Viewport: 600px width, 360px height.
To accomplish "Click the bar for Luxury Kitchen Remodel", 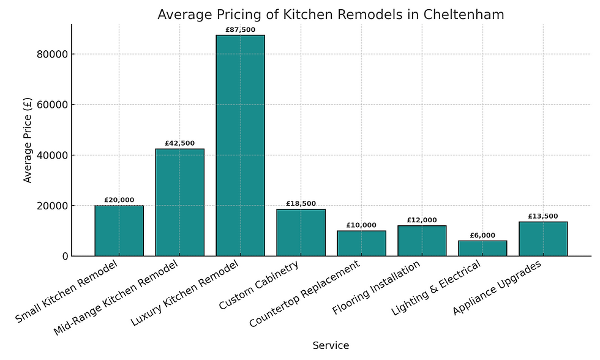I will (x=240, y=146).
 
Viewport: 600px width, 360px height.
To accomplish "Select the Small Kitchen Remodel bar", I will (x=119, y=231).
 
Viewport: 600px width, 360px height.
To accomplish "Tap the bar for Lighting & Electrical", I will (x=482, y=248).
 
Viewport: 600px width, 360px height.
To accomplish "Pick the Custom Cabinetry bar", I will (x=301, y=233).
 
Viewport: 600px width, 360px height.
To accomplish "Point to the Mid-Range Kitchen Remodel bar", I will (x=179, y=202).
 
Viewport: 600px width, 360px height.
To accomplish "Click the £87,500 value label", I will (x=240, y=30).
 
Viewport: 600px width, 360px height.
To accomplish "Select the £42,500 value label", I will (x=179, y=143).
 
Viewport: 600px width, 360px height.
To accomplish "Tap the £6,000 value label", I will (x=482, y=236).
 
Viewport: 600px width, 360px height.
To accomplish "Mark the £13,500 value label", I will (x=543, y=217).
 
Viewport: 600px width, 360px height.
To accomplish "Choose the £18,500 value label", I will (x=301, y=204).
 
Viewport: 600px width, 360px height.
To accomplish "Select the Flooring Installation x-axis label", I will (x=377, y=288).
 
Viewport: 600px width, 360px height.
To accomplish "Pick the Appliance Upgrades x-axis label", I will (x=497, y=288).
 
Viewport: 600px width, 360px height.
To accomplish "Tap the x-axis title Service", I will (x=331, y=345).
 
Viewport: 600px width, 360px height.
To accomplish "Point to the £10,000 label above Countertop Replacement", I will (x=361, y=225).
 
